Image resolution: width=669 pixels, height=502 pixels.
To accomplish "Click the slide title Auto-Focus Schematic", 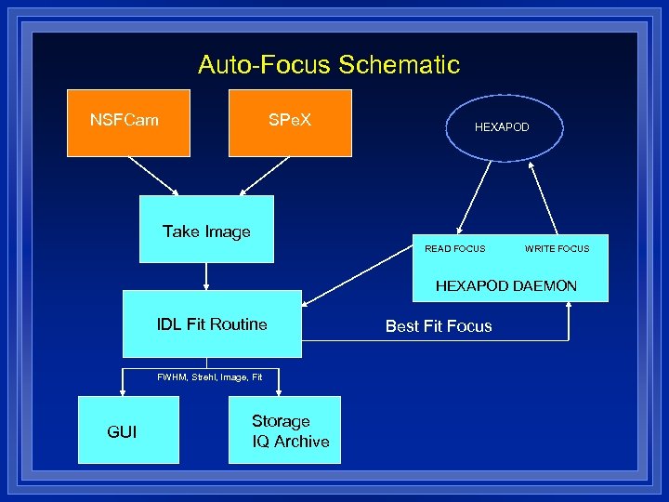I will pos(328,65).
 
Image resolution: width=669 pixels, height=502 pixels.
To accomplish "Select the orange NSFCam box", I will pos(128,122).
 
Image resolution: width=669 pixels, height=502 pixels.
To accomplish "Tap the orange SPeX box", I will pos(291,122).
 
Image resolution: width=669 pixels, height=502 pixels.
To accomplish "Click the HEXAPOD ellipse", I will pos(502,126).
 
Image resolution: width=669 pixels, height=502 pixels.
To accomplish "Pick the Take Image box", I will pos(206,229).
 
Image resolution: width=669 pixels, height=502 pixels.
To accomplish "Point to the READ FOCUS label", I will pos(454,248).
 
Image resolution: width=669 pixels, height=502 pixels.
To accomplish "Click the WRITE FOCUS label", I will pos(557,248).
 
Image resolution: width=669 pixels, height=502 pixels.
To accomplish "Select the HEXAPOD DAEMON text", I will pos(506,285).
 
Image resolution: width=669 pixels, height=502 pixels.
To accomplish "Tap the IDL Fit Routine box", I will pos(212,324).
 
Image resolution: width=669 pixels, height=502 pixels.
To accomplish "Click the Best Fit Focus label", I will pos(439,325).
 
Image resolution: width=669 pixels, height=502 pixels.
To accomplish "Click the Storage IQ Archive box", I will pos(290,430).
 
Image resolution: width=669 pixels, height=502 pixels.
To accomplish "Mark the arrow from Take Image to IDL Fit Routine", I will pos(205,276).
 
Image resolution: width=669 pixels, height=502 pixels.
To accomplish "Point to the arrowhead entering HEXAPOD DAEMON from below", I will pos(568,309).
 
